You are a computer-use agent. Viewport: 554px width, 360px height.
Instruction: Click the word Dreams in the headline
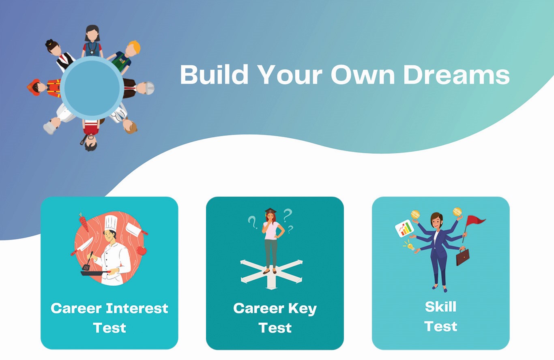(x=456, y=75)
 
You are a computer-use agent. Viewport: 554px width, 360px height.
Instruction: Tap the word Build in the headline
(x=214, y=74)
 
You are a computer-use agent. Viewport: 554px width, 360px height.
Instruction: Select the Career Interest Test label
(x=110, y=318)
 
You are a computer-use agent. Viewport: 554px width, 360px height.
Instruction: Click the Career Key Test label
(x=275, y=318)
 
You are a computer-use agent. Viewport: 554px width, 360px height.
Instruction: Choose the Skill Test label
(x=441, y=317)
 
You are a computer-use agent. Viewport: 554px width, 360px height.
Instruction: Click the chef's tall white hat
(x=111, y=223)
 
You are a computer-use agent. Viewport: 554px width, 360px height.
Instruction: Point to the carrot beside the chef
(x=84, y=222)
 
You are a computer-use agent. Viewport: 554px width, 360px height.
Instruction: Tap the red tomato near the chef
(x=141, y=251)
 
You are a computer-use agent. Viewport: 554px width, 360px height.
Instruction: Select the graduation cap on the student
(x=271, y=211)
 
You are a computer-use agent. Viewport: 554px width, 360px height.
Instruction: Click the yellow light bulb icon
(x=410, y=246)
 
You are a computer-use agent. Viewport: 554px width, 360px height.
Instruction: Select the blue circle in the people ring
(x=92, y=88)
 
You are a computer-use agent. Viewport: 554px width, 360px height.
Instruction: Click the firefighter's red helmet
(x=34, y=87)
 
